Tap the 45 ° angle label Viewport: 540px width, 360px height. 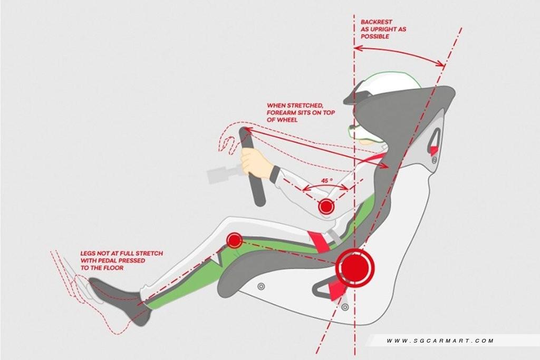click(326, 181)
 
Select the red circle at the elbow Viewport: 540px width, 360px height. click(326, 207)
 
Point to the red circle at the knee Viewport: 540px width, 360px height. click(234, 241)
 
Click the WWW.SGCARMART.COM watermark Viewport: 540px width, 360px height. click(440, 341)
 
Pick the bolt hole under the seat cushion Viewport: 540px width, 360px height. click(261, 286)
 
